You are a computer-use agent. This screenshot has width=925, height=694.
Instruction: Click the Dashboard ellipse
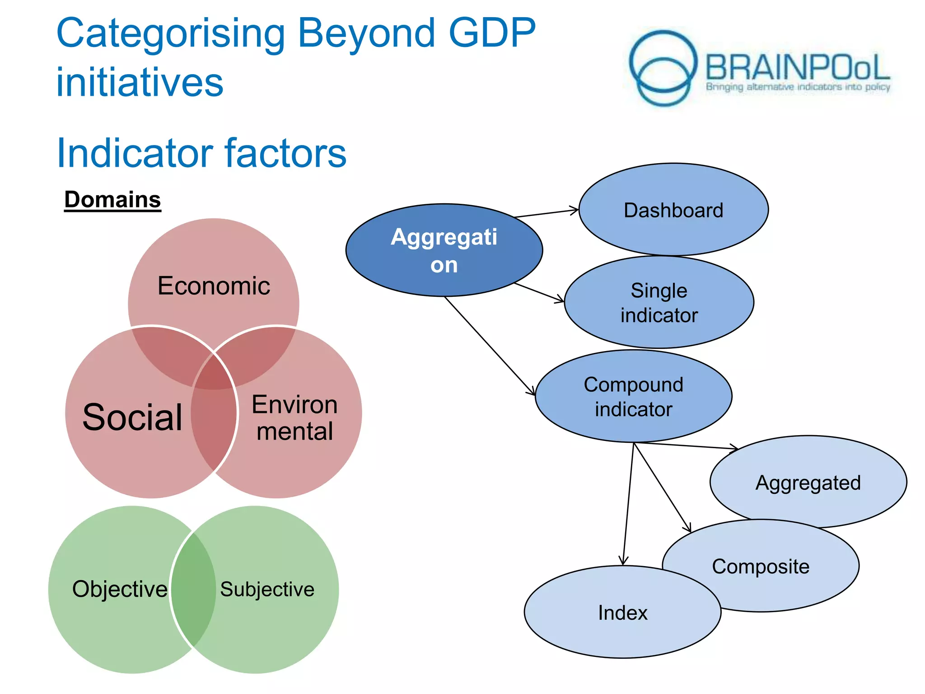(x=673, y=210)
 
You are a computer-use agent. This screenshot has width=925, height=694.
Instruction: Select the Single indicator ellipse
(x=659, y=303)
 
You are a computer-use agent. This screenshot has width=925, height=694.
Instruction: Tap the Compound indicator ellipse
(x=633, y=397)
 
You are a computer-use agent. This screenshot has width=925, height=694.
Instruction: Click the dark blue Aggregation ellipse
(x=444, y=251)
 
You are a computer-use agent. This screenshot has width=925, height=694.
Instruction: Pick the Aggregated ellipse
(x=808, y=483)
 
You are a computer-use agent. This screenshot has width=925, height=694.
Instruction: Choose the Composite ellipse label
(x=761, y=567)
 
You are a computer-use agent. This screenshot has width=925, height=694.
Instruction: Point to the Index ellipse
(x=622, y=613)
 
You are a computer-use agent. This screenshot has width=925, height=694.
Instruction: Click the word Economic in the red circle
(x=214, y=286)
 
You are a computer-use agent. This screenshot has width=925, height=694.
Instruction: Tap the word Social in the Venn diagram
(x=132, y=417)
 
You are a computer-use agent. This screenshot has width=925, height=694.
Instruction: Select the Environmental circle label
(x=294, y=418)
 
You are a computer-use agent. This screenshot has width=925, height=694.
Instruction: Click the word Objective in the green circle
(x=120, y=589)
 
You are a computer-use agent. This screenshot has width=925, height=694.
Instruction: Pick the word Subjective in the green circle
(x=267, y=589)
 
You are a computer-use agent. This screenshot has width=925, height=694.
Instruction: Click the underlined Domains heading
(x=112, y=200)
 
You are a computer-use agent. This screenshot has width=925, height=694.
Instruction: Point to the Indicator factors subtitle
(x=201, y=153)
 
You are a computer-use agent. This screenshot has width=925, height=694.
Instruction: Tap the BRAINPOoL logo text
(x=797, y=68)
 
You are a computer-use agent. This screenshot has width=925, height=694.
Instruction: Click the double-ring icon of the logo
(x=663, y=68)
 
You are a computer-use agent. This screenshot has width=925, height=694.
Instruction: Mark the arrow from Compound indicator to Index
(x=628, y=504)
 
